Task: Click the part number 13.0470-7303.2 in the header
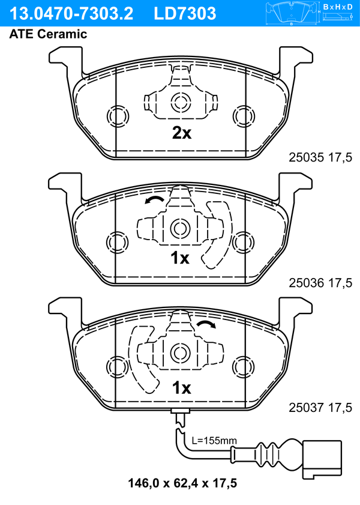(71, 14)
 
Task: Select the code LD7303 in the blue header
(185, 14)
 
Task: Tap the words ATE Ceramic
(48, 34)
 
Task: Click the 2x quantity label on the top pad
(181, 133)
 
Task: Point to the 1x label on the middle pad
(179, 258)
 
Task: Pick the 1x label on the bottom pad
(181, 388)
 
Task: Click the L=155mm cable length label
(214, 440)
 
